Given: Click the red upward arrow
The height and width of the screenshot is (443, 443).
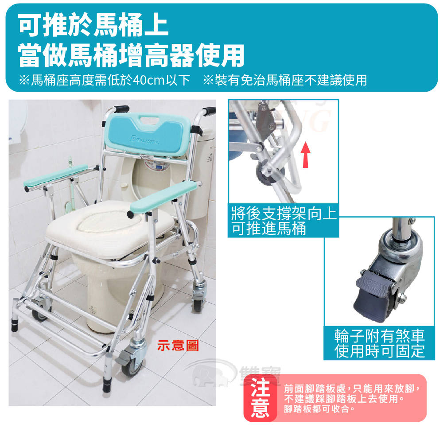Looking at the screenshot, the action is click(x=305, y=155).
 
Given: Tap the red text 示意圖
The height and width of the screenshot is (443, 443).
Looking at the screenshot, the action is click(x=178, y=345).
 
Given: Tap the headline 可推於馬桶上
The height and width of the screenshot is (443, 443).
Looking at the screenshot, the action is click(x=93, y=25).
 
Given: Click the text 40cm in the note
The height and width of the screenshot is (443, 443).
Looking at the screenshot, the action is click(x=148, y=80).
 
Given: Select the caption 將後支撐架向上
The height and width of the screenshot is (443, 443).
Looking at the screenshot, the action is click(x=284, y=213).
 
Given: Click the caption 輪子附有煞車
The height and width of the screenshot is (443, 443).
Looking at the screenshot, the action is click(x=380, y=336).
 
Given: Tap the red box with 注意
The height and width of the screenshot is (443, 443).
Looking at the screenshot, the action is click(x=260, y=398).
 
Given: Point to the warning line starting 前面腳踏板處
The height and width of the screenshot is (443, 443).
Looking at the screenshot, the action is click(x=352, y=389).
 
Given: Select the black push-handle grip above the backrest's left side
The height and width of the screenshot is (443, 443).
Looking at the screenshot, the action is click(x=121, y=109).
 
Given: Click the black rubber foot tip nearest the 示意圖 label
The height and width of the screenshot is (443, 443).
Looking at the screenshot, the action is click(x=107, y=386).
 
